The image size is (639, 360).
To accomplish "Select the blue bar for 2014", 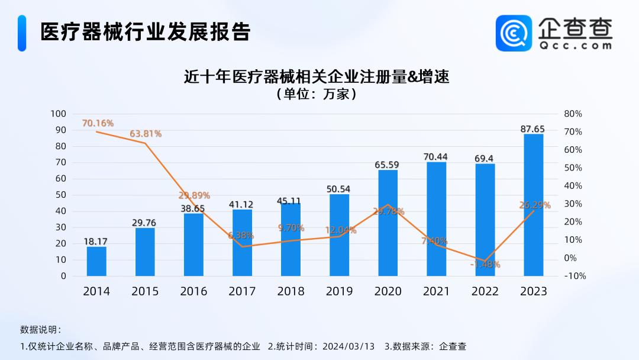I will click(96, 261).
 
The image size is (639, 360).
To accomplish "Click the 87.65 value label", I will click(533, 129).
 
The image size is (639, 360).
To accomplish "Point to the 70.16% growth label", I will click(98, 123).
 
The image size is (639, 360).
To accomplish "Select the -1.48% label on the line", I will click(485, 264).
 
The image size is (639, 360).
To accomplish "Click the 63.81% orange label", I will click(146, 134).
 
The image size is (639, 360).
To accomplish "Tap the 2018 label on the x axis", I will click(291, 291).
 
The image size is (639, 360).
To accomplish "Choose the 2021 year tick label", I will click(436, 291).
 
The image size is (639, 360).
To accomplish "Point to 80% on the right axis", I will click(573, 114).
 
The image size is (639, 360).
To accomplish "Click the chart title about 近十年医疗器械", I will click(317, 77).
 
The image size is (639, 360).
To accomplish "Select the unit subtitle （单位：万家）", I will click(317, 94).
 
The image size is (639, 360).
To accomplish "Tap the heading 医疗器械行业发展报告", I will click(145, 32).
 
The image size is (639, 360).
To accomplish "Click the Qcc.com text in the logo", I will click(575, 45).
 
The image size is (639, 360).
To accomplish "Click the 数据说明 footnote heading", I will click(40, 329).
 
